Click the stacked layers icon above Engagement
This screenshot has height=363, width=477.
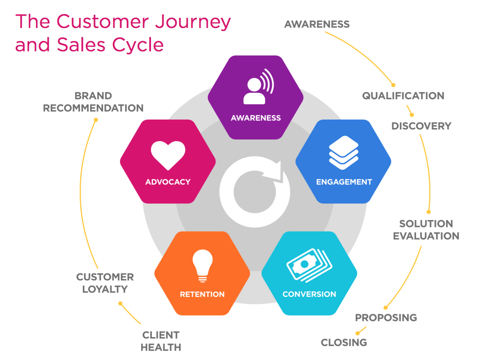[343, 153]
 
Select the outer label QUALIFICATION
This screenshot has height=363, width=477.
[403, 96]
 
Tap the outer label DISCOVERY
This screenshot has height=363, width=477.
[421, 126]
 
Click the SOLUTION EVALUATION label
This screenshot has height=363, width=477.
[426, 230]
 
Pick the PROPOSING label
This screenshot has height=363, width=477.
[386, 317]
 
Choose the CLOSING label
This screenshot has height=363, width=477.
[343, 342]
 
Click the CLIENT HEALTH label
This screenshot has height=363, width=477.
[161, 341]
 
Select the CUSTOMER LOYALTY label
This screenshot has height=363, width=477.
[105, 283]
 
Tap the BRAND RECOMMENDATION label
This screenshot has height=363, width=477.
[93, 102]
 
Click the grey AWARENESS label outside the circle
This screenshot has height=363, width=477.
[317, 24]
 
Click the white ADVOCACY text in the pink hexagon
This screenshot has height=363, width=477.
[168, 182]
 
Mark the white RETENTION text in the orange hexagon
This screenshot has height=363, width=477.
[202, 294]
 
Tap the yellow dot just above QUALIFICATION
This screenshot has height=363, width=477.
[393, 85]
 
